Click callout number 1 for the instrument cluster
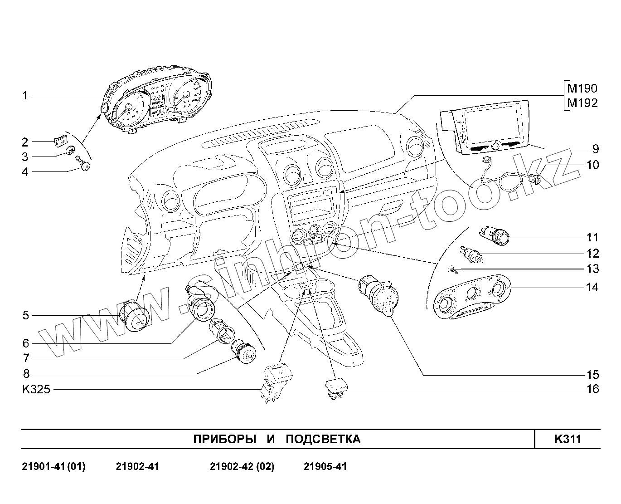point(25,95)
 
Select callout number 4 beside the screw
point(25,172)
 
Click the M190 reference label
point(582,88)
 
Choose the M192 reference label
point(582,103)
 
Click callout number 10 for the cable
point(592,165)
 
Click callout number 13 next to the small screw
point(592,269)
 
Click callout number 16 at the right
point(592,389)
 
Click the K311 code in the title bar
point(568,439)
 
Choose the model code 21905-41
point(325,467)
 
